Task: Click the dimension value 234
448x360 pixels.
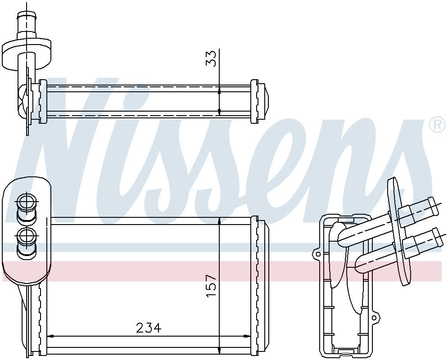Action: click(x=149, y=328)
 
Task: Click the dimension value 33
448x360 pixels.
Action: click(x=211, y=58)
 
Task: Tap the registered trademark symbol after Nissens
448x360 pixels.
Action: click(x=437, y=126)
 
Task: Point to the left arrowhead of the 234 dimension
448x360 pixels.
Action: click(x=50, y=336)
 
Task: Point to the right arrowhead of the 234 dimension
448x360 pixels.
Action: click(x=247, y=336)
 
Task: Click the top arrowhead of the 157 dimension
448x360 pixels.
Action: click(x=219, y=220)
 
